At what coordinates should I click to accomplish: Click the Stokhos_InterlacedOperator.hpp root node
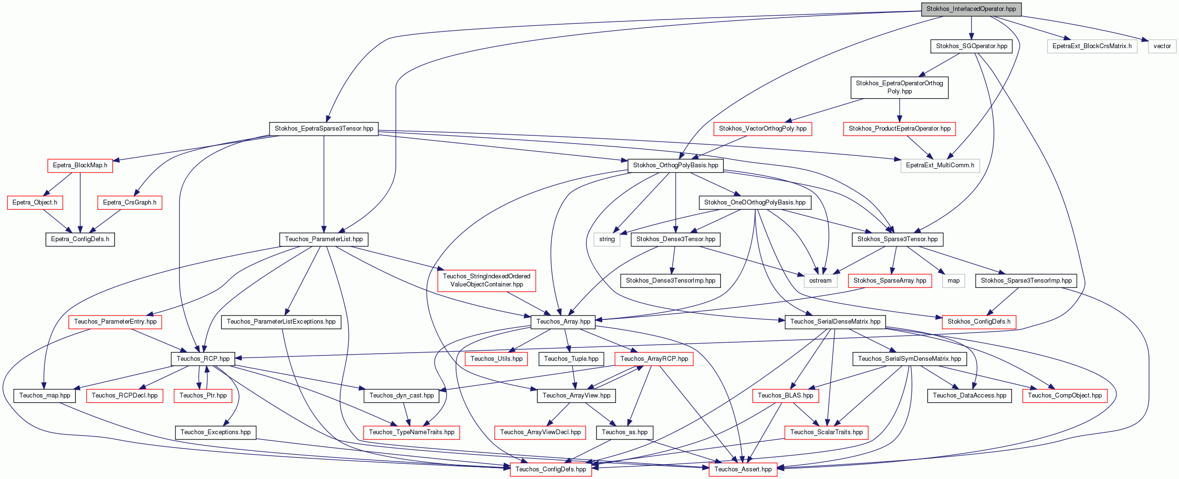[971, 9]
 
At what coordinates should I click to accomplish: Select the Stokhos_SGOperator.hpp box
[971, 46]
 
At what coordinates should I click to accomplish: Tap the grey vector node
[1162, 46]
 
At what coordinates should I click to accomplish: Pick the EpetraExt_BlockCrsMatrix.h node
[1092, 46]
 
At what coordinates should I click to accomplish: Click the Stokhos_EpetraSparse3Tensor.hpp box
[324, 129]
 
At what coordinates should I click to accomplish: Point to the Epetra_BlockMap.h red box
[80, 165]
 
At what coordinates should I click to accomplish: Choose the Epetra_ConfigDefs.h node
[80, 239]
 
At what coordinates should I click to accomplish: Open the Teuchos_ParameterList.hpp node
[324, 239]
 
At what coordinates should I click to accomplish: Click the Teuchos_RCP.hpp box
[203, 359]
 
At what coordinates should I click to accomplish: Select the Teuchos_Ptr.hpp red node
[203, 396]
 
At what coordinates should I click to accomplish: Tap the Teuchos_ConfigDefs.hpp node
[551, 469]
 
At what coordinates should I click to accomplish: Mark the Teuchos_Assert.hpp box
[743, 469]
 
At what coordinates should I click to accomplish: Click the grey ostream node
[820, 281]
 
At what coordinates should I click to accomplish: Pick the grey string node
[607, 239]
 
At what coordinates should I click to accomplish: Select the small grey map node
[954, 281]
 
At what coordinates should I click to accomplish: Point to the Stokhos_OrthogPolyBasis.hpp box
[676, 165]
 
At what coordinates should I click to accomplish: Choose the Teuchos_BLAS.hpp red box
[785, 396]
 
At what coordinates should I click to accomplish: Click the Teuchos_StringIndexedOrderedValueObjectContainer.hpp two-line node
[487, 281]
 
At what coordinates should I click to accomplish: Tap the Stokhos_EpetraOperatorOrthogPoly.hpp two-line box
[899, 88]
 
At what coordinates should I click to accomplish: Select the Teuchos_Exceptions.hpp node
[216, 432]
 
